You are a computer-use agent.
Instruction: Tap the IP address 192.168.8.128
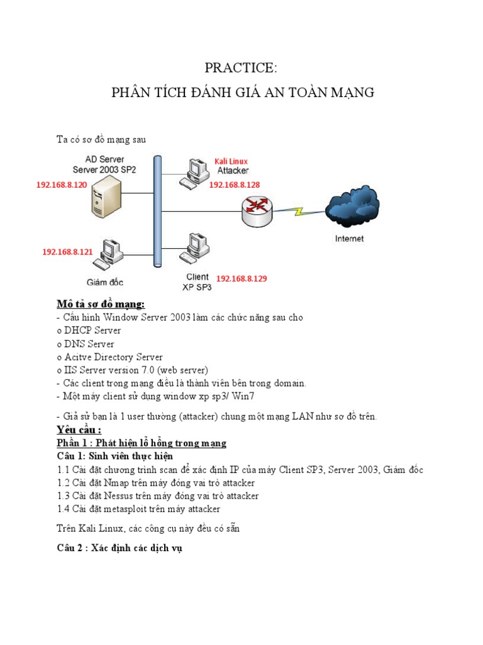coord(234,185)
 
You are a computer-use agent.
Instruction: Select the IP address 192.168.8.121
coord(67,251)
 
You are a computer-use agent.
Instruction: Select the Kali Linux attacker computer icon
coord(193,173)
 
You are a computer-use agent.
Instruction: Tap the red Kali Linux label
coord(231,161)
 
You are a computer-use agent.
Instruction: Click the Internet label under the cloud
coord(349,239)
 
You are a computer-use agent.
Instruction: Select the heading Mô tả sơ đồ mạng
coord(100,304)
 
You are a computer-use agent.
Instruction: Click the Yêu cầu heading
coord(79,430)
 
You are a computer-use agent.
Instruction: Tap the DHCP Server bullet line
coord(89,330)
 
